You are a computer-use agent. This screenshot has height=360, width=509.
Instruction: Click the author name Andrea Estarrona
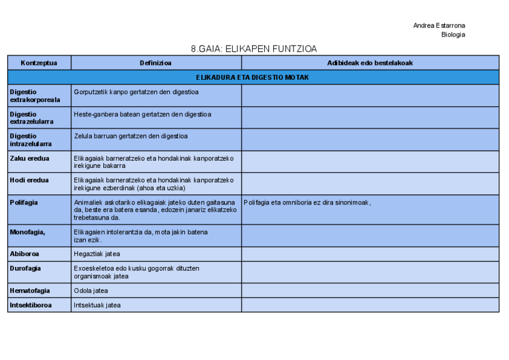pyautogui.click(x=439, y=25)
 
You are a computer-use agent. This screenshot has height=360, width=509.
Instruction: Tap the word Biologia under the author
pyautogui.click(x=453, y=35)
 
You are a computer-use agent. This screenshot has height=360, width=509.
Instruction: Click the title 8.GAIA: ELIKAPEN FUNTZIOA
pyautogui.click(x=253, y=49)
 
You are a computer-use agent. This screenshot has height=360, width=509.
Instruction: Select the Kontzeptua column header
pyautogui.click(x=39, y=63)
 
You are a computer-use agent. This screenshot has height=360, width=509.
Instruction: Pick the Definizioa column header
pyautogui.click(x=155, y=63)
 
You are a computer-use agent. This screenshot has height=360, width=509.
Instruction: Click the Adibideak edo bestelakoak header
pyautogui.click(x=370, y=63)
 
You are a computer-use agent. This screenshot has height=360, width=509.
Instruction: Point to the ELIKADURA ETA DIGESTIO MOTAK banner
pyautogui.click(x=253, y=77)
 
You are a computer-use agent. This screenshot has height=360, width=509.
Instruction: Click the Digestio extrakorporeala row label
pyautogui.click(x=35, y=96)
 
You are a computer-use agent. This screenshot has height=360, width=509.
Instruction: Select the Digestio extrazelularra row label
pyautogui.click(x=31, y=118)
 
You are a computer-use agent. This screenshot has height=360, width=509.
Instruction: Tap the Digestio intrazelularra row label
pyautogui.click(x=31, y=140)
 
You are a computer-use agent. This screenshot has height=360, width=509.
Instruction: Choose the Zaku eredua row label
pyautogui.click(x=29, y=158)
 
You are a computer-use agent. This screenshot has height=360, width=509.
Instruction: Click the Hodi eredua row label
pyautogui.click(x=29, y=180)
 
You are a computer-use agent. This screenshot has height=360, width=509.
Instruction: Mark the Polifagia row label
pyautogui.click(x=24, y=202)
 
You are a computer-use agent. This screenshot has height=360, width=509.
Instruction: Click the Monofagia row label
pyautogui.click(x=28, y=232)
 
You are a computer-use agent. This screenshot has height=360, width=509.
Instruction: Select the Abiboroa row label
pyautogui.click(x=25, y=254)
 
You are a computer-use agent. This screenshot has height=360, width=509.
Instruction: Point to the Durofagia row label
pyautogui.click(x=25, y=268)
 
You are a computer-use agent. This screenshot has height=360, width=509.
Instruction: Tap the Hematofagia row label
pyautogui.click(x=29, y=290)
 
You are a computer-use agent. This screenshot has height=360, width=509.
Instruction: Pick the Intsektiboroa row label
pyautogui.click(x=31, y=305)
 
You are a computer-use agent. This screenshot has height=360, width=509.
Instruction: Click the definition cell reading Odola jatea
pyautogui.click(x=91, y=290)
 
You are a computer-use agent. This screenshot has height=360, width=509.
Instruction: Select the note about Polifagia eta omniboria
pyautogui.click(x=307, y=202)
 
